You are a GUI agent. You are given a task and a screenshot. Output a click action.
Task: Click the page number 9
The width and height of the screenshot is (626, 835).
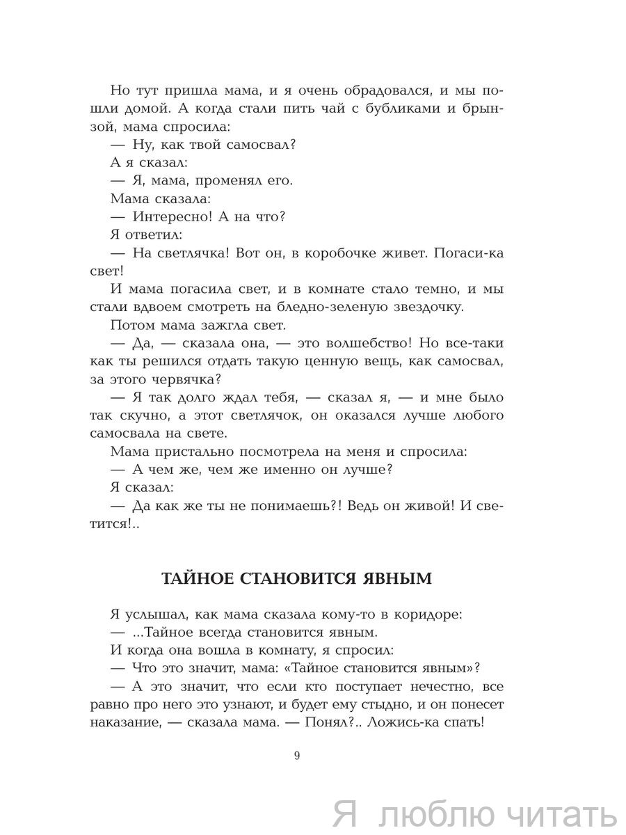(297, 756)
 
